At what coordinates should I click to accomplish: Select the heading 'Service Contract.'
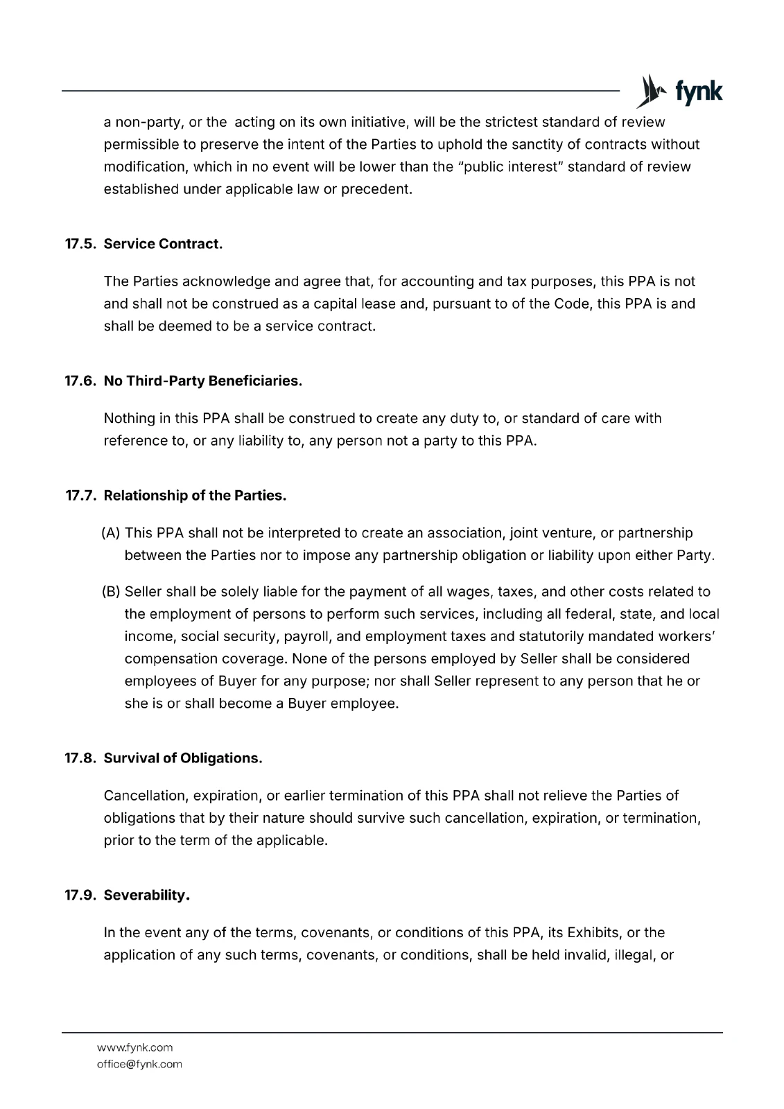point(163,244)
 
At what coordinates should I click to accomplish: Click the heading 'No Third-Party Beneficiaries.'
point(203,381)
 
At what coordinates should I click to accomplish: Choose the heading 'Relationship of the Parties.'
point(195,496)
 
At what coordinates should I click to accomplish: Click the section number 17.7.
point(81,496)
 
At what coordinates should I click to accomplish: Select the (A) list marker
point(111,533)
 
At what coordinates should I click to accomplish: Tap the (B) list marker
point(111,592)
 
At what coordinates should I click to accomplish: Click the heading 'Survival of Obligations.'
point(183,758)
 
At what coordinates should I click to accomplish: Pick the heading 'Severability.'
point(147,896)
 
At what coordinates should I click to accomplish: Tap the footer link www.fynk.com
point(134,1047)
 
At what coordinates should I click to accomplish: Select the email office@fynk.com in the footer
point(139,1064)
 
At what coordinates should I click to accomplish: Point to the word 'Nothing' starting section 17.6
point(128,419)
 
